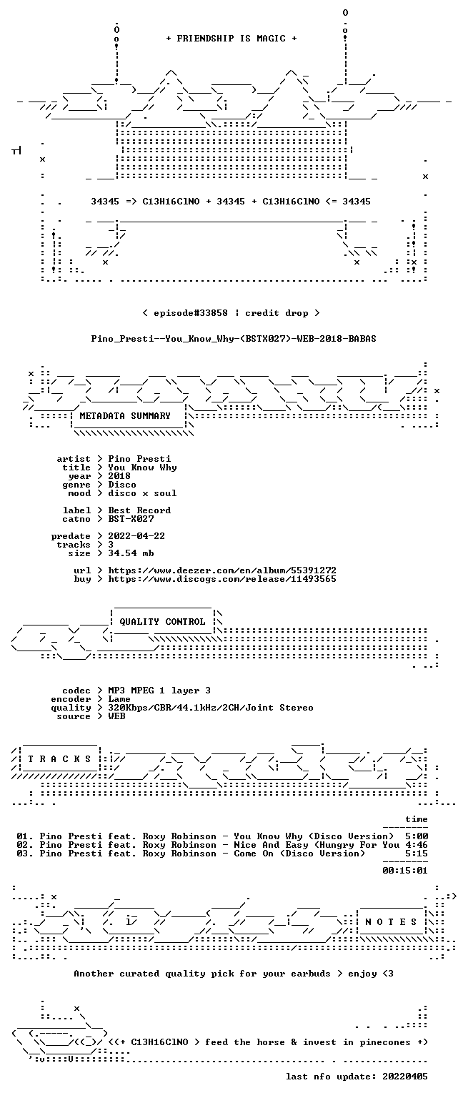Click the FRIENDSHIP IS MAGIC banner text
click(231, 38)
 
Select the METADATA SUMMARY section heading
click(125, 415)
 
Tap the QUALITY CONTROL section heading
click(162, 621)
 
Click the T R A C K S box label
click(59, 758)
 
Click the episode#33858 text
click(191, 313)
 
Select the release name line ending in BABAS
click(234, 339)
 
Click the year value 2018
click(119, 476)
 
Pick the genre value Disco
click(122, 485)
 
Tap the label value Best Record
click(139, 510)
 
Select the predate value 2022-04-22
click(136, 536)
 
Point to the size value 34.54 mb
click(131, 553)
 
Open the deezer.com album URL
click(222, 570)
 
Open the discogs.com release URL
click(222, 580)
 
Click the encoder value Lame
click(119, 699)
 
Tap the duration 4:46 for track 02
click(417, 845)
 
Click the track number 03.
click(23, 854)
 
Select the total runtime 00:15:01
click(405, 871)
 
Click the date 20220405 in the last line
click(405, 1077)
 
